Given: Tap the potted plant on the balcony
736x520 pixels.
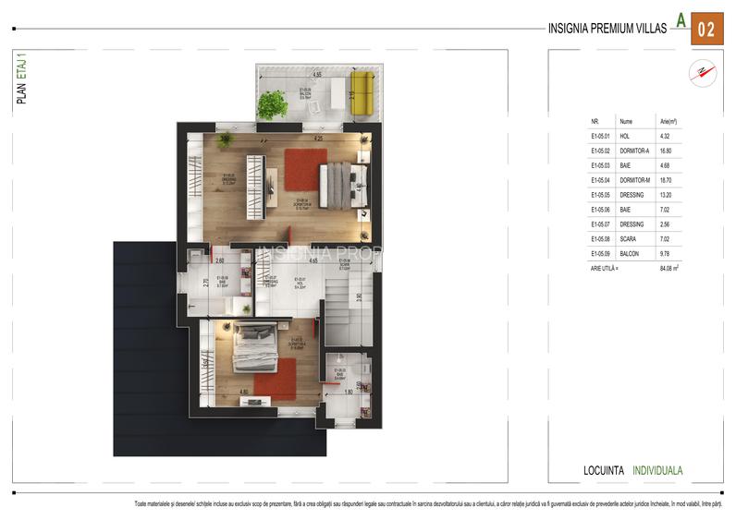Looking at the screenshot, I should coord(272,104).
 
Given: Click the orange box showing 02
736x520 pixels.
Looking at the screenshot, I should coord(705,29).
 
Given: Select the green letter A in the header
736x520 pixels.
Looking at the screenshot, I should coord(681,19).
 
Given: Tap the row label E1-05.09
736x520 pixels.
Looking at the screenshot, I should coord(601,252).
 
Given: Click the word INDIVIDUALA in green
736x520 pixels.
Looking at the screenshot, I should coord(657,470).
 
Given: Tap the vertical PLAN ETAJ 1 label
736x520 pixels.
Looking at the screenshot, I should coord(21,80).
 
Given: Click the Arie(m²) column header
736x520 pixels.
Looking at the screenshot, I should coord(668,121).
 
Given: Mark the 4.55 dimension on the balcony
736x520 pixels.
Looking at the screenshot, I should coord(316,74).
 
